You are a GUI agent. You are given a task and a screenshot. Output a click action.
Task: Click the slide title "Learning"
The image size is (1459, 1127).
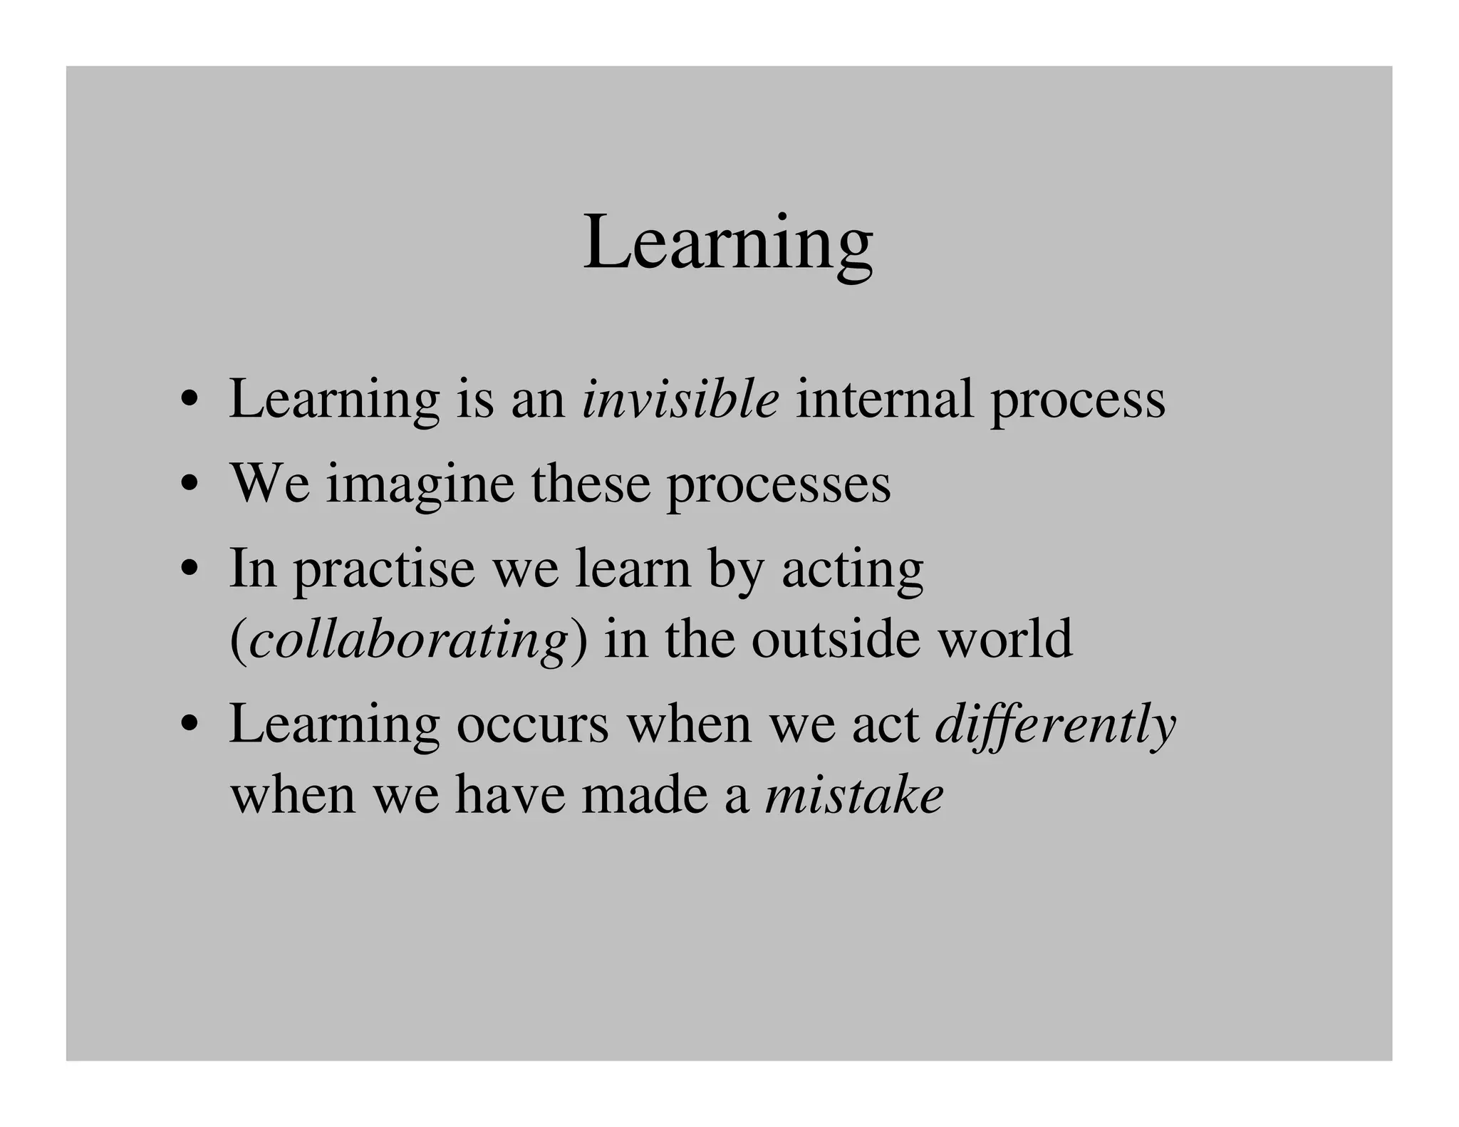coord(728,244)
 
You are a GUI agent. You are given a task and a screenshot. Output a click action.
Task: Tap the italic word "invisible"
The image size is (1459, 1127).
coord(680,399)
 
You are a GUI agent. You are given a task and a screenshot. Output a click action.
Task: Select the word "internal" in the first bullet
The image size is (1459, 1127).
coord(884,399)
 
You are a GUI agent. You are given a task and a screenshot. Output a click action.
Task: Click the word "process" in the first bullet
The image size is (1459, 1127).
coord(1078,400)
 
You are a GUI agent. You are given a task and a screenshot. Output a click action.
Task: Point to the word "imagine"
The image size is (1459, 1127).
coord(420,484)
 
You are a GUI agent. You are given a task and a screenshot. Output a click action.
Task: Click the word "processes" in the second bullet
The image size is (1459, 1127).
coord(778,486)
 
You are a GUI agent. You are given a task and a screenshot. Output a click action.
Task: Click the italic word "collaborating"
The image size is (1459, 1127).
coord(409,640)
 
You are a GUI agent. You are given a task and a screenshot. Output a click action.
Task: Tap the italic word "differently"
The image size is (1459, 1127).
coord(1055,725)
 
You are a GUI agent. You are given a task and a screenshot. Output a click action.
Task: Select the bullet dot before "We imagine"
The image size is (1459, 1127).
coord(189,485)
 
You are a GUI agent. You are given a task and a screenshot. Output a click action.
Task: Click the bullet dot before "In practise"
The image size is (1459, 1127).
coord(189,570)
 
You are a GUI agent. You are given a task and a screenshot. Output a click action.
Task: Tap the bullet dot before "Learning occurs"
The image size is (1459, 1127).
coord(189,725)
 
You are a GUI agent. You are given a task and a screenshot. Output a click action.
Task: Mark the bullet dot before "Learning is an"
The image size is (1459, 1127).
coord(189,400)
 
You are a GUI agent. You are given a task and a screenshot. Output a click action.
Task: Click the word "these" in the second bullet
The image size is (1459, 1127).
coord(591,484)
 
